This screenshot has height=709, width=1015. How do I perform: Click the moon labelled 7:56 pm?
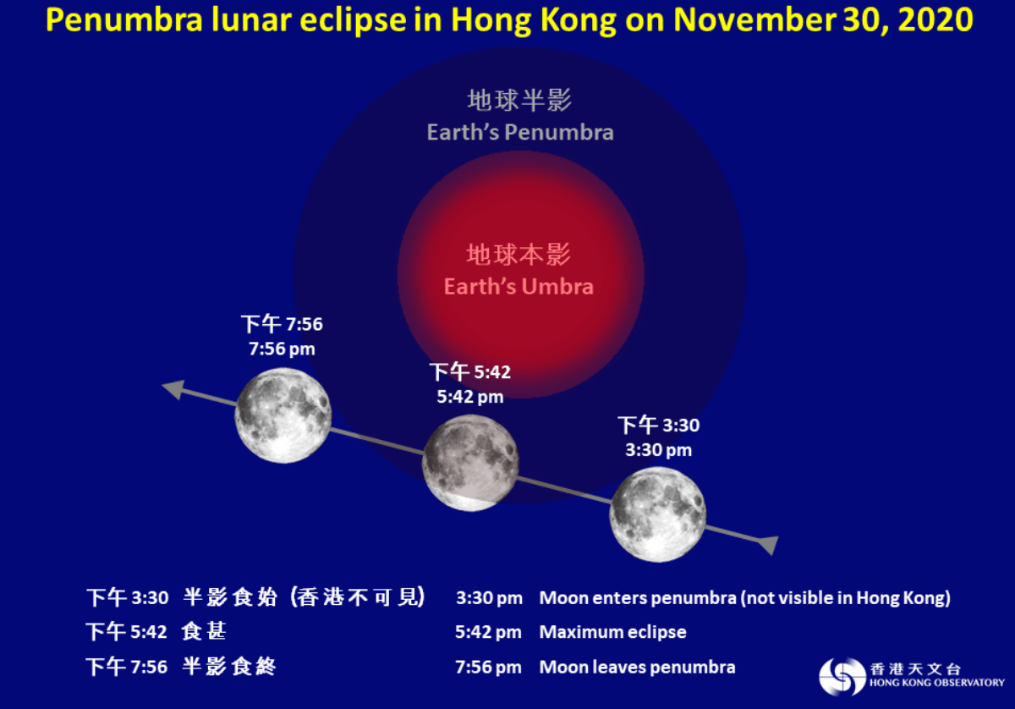tap(283, 415)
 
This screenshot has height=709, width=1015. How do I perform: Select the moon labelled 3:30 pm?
tap(657, 514)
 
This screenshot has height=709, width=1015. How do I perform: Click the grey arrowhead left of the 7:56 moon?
tap(173, 389)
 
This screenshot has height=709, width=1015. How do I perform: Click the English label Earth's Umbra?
tap(518, 286)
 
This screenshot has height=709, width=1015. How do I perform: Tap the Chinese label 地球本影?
tap(518, 254)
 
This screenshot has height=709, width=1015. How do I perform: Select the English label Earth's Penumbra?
tap(520, 132)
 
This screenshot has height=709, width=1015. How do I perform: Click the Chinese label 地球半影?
tap(520, 101)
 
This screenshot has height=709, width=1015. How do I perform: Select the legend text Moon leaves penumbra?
tap(637, 667)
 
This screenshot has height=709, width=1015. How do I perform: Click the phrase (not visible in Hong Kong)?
tap(845, 598)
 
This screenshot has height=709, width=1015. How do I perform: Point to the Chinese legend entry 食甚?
tap(205, 632)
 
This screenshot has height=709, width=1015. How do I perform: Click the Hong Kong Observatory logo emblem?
tap(842, 675)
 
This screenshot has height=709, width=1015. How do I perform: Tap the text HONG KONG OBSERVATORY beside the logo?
tap(936, 682)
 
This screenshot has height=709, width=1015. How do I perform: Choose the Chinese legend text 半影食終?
tap(229, 667)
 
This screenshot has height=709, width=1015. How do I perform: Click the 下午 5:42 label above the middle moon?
tap(470, 372)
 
